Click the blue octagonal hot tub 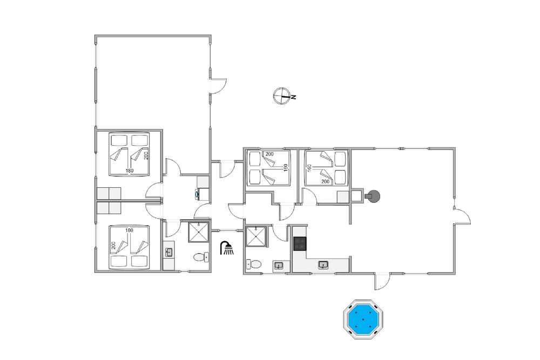pos(363,319)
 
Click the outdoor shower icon pos(227,248)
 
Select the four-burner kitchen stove pos(300,243)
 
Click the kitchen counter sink pos(323,264)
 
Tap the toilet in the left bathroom pos(201,257)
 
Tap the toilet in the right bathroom pos(253,264)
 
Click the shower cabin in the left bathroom pos(199,232)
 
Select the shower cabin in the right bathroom pos(256,236)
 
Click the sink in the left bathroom pos(168,252)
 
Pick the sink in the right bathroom pos(279,266)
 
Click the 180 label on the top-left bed pos(130,171)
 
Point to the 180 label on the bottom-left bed pos(129,230)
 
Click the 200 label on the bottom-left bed pos(113,246)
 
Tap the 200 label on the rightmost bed pos(325,181)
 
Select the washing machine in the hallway pos(203,194)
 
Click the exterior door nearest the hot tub pos(382,282)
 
